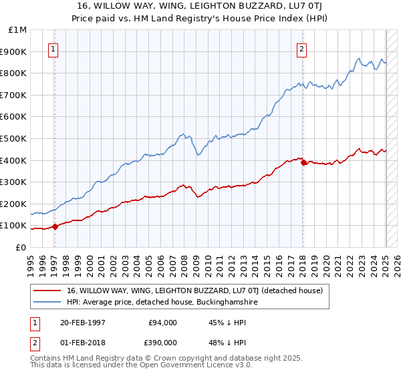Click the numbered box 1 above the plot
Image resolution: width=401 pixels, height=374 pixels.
point(53,48)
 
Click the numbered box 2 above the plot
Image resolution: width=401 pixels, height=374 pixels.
point(302,48)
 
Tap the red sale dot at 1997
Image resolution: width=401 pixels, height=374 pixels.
point(55,226)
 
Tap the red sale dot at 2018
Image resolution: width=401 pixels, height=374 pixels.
point(303,162)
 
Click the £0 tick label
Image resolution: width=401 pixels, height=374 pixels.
point(21,247)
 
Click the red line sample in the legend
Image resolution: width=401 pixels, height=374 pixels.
point(47,291)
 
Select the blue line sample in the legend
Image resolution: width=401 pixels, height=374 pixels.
point(47,302)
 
